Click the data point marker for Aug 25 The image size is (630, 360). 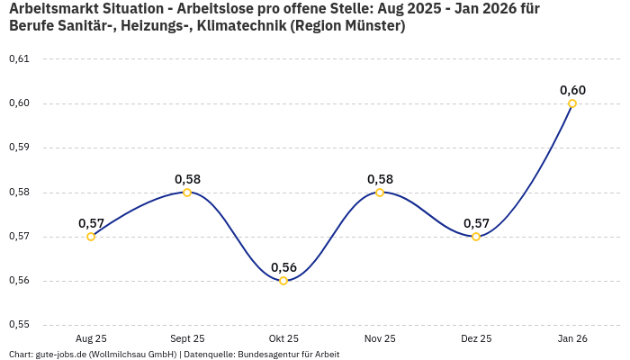pos(91,237)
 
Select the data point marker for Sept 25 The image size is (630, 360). pos(187,192)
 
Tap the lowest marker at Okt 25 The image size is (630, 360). pos(283,281)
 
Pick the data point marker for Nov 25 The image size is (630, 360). pos(380,192)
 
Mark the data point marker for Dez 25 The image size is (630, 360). pos(476,237)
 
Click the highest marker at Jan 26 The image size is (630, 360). pos(572,103)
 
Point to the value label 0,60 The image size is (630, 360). pos(572,90)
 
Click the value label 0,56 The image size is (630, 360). pos(283,267)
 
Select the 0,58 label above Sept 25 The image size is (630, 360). pos(187,179)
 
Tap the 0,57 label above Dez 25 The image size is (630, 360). pos(476,223)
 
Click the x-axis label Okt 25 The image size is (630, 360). pos(283,338)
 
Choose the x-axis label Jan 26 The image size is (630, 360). pos(572,338)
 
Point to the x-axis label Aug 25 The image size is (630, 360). pos(91,338)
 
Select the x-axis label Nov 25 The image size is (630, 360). pos(380,338)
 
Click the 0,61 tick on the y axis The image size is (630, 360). pos(19,59)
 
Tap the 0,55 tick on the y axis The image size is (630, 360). pos(19,325)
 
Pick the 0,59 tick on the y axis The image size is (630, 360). pos(19,148)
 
